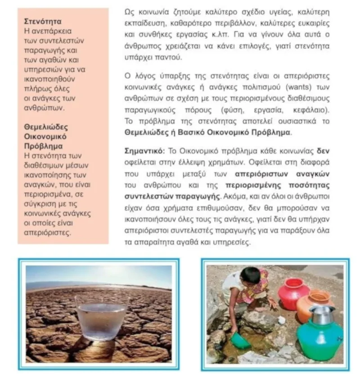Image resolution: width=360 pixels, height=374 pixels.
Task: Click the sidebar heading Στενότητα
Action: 42,21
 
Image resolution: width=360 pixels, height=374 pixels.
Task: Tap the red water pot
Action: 293,293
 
